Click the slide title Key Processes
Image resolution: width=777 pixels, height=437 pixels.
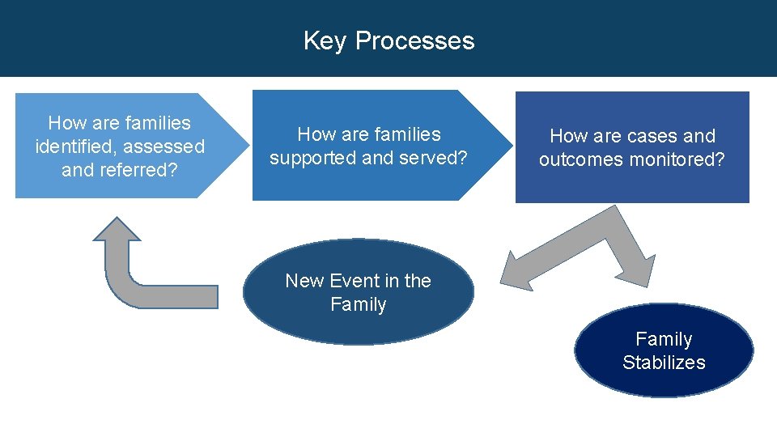tap(388, 40)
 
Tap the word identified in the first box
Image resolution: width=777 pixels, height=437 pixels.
tap(74, 147)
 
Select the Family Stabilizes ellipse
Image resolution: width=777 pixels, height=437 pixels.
tap(664, 350)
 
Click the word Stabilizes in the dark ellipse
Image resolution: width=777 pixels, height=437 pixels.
tap(664, 363)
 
